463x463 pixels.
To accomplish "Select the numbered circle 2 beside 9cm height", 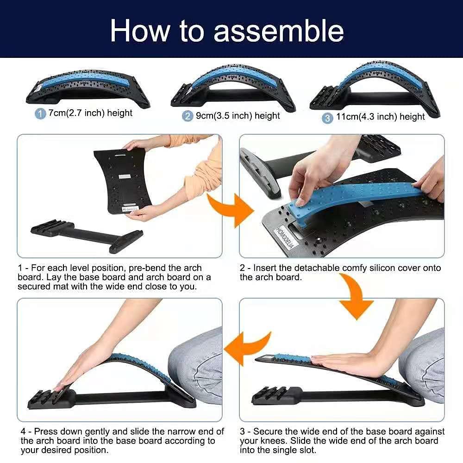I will tap(188, 116).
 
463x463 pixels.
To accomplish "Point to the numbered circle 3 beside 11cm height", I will tap(328, 118).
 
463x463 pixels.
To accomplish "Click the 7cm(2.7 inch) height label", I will tap(90, 113).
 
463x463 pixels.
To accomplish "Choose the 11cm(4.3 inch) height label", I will tap(380, 117).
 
